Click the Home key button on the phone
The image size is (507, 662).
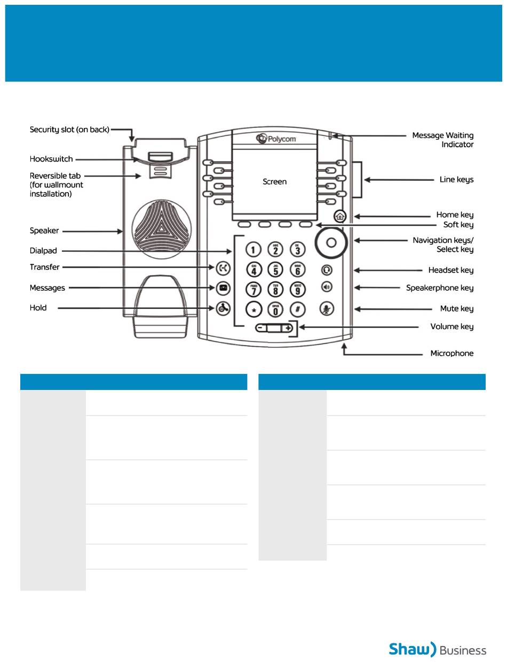pos(340,216)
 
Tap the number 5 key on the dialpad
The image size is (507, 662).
pos(275,269)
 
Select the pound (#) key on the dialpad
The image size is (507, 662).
pos(297,309)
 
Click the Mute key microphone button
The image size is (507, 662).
pos(327,308)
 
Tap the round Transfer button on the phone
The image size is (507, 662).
pos(223,267)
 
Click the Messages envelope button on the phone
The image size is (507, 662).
pos(223,288)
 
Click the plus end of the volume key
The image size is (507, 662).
pos(288,328)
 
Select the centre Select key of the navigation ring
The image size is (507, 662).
pos(331,243)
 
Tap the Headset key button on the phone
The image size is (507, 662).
pos(327,270)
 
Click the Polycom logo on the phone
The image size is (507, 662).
pos(276,139)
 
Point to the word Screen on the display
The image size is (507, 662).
pos(274,182)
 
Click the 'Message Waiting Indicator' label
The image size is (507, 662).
pos(443,140)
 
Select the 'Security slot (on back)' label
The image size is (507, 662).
pos(69,130)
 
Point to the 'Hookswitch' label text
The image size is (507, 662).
pos(51,159)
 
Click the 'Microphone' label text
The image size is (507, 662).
pos(451,354)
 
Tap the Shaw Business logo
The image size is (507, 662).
pos(437,649)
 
